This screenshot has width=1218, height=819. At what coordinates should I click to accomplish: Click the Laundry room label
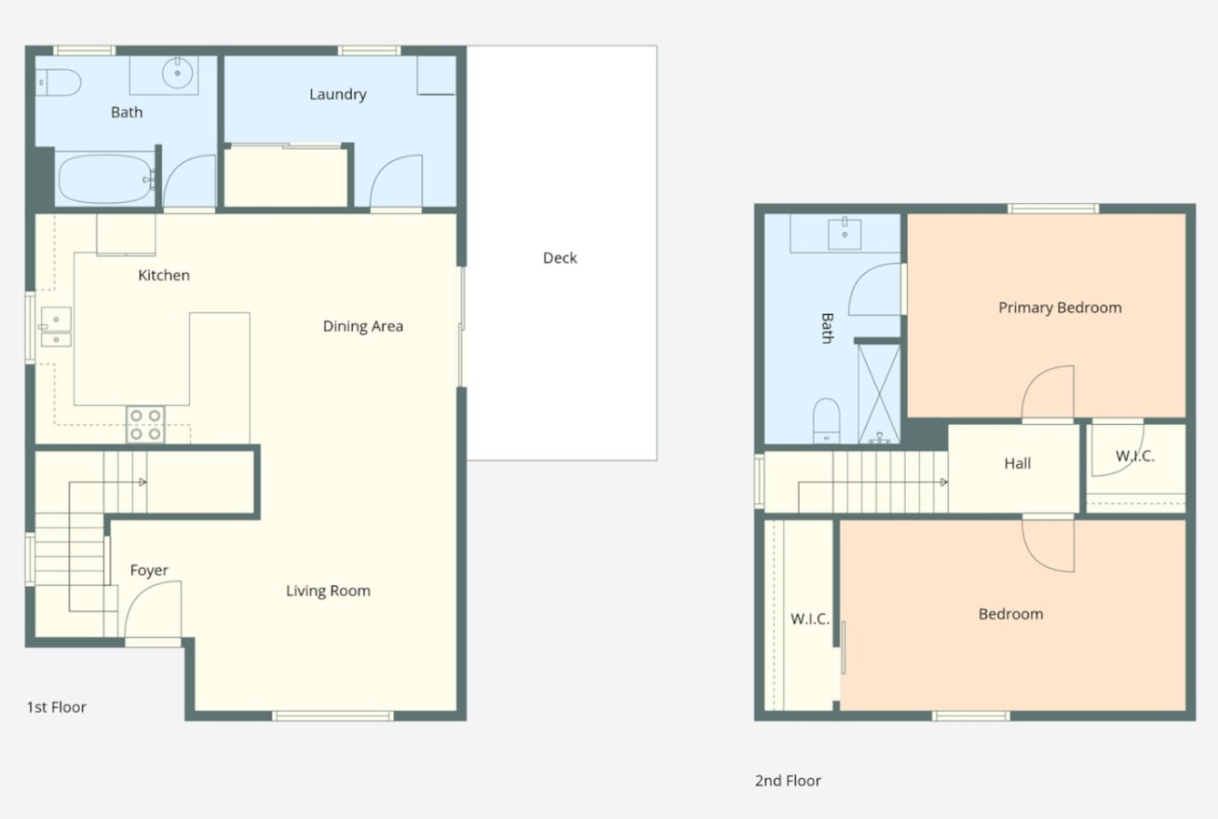tap(337, 95)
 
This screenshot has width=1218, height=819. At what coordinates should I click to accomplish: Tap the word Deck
tap(559, 258)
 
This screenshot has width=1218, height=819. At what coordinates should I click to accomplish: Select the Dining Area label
tap(363, 327)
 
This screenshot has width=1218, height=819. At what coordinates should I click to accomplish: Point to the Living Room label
tap(327, 591)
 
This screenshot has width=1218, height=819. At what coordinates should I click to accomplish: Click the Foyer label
tap(149, 571)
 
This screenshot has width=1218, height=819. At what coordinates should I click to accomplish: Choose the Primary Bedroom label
tap(1060, 308)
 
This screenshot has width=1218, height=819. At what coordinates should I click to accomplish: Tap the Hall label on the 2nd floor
tap(1017, 463)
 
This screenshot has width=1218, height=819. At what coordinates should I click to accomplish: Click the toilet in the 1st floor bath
tap(58, 83)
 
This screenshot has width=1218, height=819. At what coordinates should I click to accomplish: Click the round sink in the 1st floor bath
tap(177, 73)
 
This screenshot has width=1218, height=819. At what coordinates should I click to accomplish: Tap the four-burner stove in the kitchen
tap(146, 424)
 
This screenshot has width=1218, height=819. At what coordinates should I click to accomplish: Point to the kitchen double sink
tap(56, 327)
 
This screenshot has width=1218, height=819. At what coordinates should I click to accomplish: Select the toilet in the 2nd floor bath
tap(827, 421)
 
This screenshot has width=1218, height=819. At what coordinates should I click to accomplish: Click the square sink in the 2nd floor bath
tap(844, 234)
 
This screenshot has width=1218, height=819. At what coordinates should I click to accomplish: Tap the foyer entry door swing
tap(153, 609)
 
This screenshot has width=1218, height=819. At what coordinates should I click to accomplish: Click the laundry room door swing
tap(396, 180)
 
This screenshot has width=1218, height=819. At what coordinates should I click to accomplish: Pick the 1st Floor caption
tap(56, 707)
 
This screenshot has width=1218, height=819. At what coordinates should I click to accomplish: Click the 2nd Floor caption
tap(788, 781)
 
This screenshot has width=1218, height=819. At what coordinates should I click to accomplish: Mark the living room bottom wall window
tap(333, 715)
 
